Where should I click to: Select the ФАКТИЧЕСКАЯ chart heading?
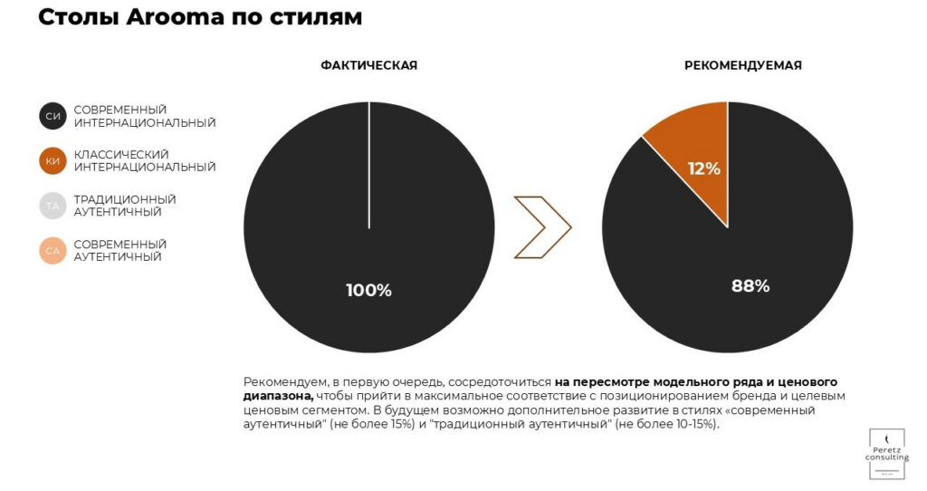[368, 65]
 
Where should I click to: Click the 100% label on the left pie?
[368, 291]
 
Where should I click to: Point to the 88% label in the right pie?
[750, 286]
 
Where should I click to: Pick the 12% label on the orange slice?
[703, 168]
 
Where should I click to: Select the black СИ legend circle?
[53, 116]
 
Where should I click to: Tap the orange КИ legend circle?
[53, 161]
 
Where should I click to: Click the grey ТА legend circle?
[53, 206]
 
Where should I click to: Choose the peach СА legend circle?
[53, 251]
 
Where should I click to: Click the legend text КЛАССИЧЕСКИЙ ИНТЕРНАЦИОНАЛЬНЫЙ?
[145, 161]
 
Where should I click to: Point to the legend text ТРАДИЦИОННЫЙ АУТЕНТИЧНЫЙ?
[125, 206]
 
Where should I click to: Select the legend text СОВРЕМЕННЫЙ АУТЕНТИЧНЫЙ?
[120, 251]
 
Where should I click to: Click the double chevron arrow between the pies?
[543, 226]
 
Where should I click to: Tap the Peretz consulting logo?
[886, 454]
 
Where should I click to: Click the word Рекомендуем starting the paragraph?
[284, 381]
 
